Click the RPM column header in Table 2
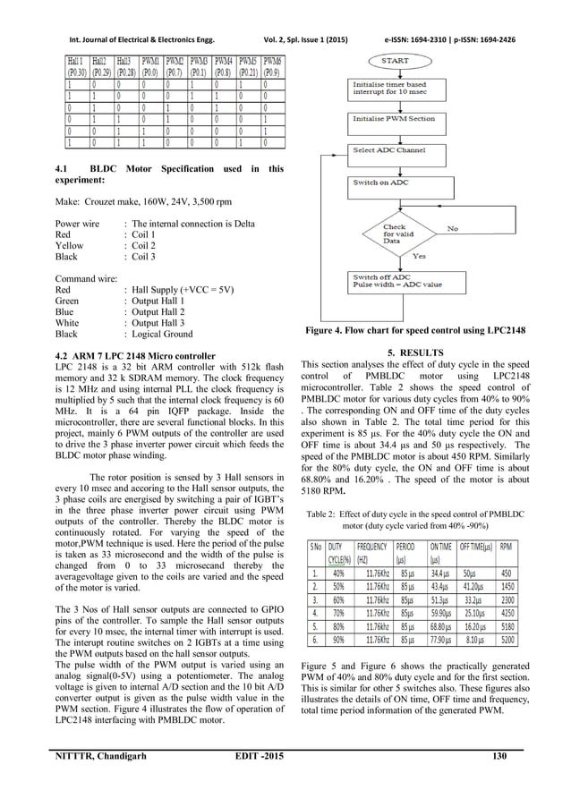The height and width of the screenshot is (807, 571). (x=531, y=549)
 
